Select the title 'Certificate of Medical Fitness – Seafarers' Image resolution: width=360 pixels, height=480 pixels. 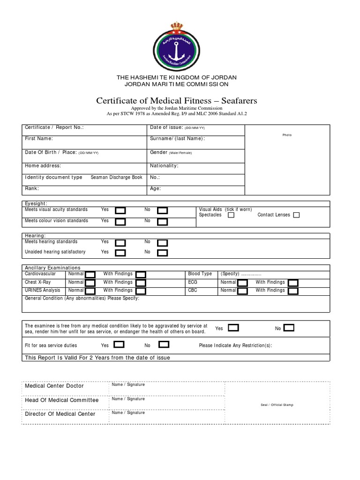(x=176, y=101)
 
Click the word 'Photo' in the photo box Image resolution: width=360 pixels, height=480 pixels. (x=287, y=135)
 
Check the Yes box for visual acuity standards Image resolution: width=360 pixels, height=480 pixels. (x=120, y=210)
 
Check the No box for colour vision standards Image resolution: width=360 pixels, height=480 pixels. (x=162, y=221)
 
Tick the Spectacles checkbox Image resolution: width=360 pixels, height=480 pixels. (x=231, y=215)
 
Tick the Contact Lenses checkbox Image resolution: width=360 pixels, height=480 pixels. (x=296, y=215)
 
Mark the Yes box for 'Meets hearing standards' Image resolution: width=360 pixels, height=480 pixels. (x=120, y=243)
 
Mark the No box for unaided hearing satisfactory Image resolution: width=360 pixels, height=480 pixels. (x=162, y=253)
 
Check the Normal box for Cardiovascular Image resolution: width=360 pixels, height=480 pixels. (x=90, y=274)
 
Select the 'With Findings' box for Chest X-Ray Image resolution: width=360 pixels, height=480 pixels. (x=141, y=283)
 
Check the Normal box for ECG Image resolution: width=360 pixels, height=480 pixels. (x=242, y=283)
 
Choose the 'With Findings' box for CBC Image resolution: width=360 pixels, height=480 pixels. (x=293, y=291)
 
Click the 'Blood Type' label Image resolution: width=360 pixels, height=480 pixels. (x=200, y=274)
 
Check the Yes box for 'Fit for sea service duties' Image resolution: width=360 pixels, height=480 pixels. (x=119, y=345)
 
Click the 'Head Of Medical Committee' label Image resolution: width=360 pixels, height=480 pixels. (x=61, y=400)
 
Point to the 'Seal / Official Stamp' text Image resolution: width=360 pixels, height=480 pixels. (x=277, y=405)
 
